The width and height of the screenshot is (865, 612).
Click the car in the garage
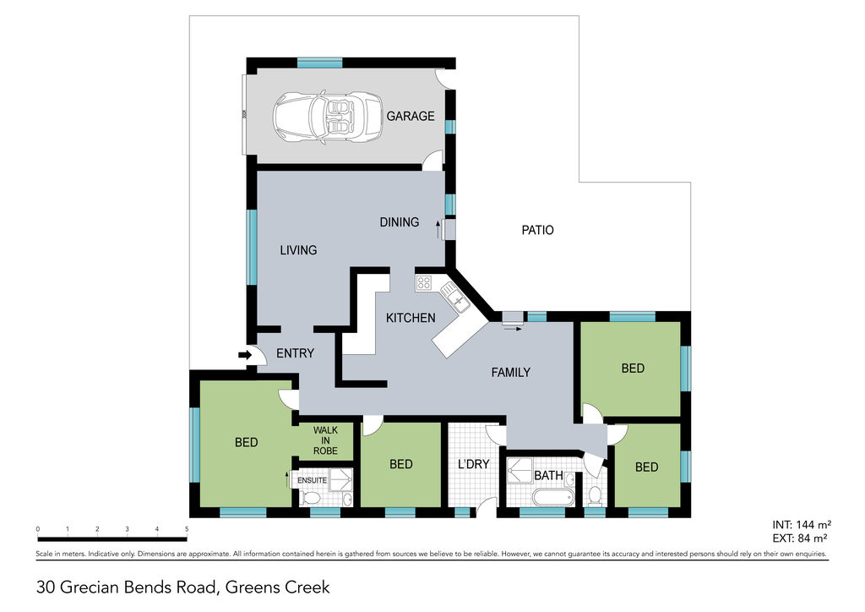click(328, 117)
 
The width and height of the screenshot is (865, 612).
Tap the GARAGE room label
click(411, 116)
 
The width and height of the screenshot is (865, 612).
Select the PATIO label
click(538, 230)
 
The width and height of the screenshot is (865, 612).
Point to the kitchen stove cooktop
click(424, 283)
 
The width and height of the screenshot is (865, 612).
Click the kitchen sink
click(455, 297)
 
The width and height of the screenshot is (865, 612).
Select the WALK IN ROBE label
click(325, 440)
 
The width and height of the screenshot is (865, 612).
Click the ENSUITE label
click(313, 481)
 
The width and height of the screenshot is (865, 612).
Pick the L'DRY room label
click(474, 464)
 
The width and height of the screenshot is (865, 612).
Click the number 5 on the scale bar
click(187, 529)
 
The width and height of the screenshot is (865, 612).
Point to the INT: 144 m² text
click(802, 525)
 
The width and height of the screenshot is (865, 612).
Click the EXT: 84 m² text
click(800, 538)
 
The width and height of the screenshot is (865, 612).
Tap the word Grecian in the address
click(90, 587)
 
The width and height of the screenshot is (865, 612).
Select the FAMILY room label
click(511, 373)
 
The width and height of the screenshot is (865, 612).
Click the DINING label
click(400, 222)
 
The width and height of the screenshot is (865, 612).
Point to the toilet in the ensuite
click(311, 499)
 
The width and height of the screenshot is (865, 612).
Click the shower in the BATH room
click(520, 471)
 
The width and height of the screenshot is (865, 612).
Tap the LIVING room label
click(298, 250)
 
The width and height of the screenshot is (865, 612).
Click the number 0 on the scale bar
click(38, 529)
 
